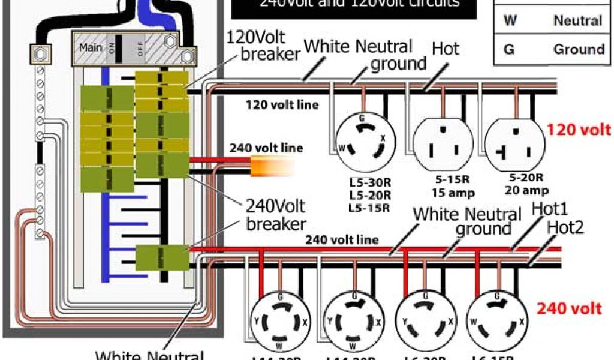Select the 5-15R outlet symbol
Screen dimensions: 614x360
point(443,142)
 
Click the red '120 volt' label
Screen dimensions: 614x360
point(579,129)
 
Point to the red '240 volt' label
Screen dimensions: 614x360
point(569,308)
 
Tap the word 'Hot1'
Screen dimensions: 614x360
point(550,209)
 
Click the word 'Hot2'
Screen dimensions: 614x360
point(565,227)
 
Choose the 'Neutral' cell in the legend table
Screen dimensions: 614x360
point(577,20)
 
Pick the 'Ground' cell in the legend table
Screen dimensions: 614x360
point(578,49)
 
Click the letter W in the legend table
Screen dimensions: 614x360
point(510,20)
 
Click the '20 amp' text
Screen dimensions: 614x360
point(526,191)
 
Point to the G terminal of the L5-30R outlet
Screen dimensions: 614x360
point(361,119)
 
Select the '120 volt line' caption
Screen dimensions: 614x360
point(282,106)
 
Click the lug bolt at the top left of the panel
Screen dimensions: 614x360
point(39,55)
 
